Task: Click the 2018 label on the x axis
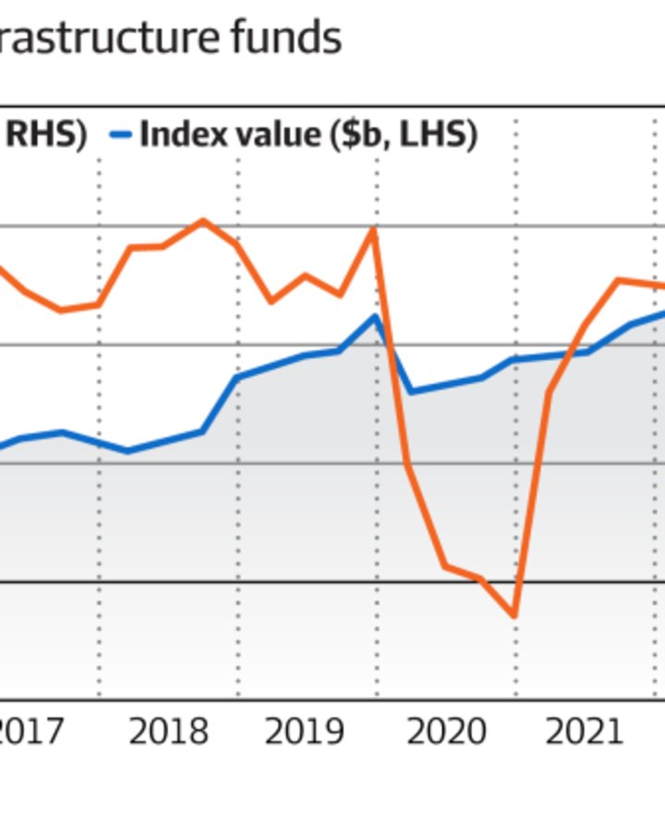point(168,731)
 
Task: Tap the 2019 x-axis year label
point(305,731)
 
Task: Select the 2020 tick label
point(446,731)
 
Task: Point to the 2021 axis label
point(584,731)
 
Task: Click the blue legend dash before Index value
point(121,136)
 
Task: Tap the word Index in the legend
point(180,136)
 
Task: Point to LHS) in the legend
point(444,136)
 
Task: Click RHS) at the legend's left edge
point(46,136)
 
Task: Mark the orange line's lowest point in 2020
point(514,615)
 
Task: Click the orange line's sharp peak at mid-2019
point(374,230)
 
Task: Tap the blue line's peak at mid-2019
point(375,317)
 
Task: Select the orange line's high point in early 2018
point(203,221)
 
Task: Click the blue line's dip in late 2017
point(127,451)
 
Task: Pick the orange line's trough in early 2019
point(271,301)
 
